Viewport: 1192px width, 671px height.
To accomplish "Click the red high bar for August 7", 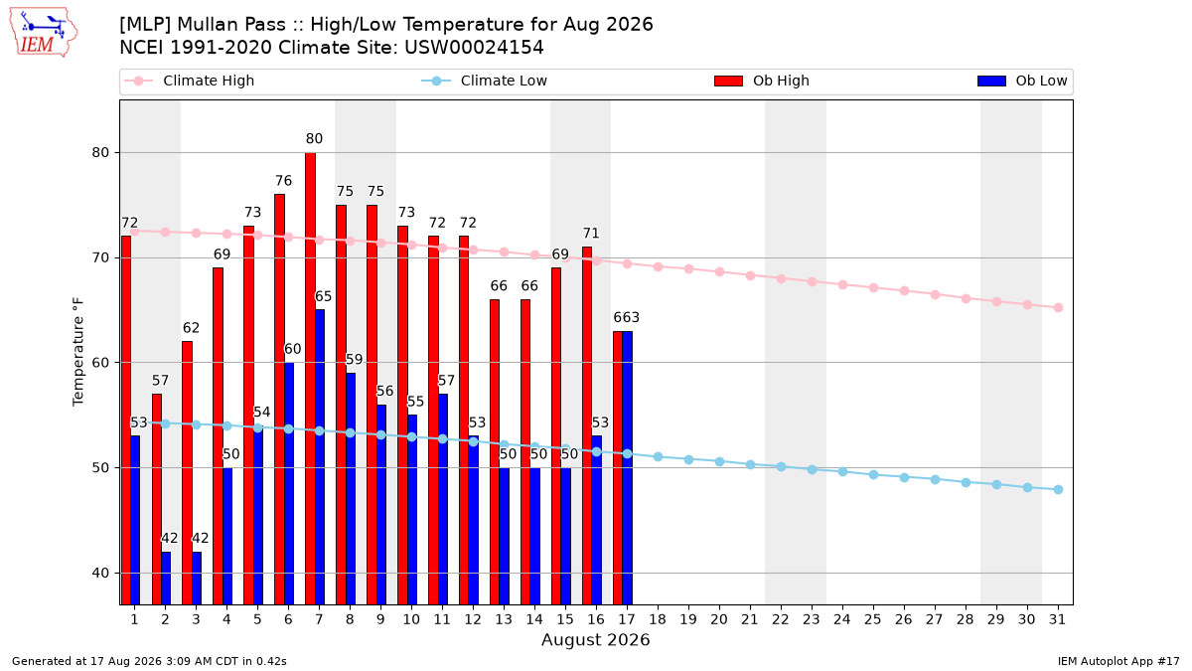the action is click(x=310, y=379).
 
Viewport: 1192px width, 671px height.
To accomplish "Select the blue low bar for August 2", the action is click(x=166, y=579).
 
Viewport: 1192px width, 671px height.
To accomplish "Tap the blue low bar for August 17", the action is click(x=628, y=468).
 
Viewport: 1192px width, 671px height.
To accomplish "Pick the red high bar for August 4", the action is click(x=219, y=436).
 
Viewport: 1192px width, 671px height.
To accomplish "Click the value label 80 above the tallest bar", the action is click(x=314, y=139).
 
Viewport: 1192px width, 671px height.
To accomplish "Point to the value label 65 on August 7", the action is click(x=323, y=296).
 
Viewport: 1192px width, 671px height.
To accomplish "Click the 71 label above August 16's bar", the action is click(x=591, y=234).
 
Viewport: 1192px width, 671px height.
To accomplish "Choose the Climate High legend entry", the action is click(x=189, y=81).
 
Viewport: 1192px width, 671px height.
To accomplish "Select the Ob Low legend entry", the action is click(x=1022, y=81).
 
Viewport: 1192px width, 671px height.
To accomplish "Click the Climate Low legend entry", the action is click(x=485, y=81).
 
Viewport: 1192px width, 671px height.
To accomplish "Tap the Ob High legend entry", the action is click(x=762, y=81).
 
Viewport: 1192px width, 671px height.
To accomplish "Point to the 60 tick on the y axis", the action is click(x=100, y=363).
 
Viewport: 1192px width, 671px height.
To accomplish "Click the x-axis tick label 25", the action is click(x=873, y=619).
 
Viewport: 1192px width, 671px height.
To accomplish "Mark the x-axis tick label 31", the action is click(x=1057, y=619).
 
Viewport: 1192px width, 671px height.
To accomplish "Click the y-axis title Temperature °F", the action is click(x=78, y=352).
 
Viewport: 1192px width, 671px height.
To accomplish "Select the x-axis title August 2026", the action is click(x=595, y=639).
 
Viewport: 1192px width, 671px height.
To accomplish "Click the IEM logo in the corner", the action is click(x=43, y=33).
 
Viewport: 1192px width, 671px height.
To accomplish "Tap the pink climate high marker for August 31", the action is click(x=1059, y=308).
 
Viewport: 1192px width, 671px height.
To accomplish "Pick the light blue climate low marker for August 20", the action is click(x=719, y=461).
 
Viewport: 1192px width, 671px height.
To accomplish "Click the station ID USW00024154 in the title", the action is click(x=474, y=48).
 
